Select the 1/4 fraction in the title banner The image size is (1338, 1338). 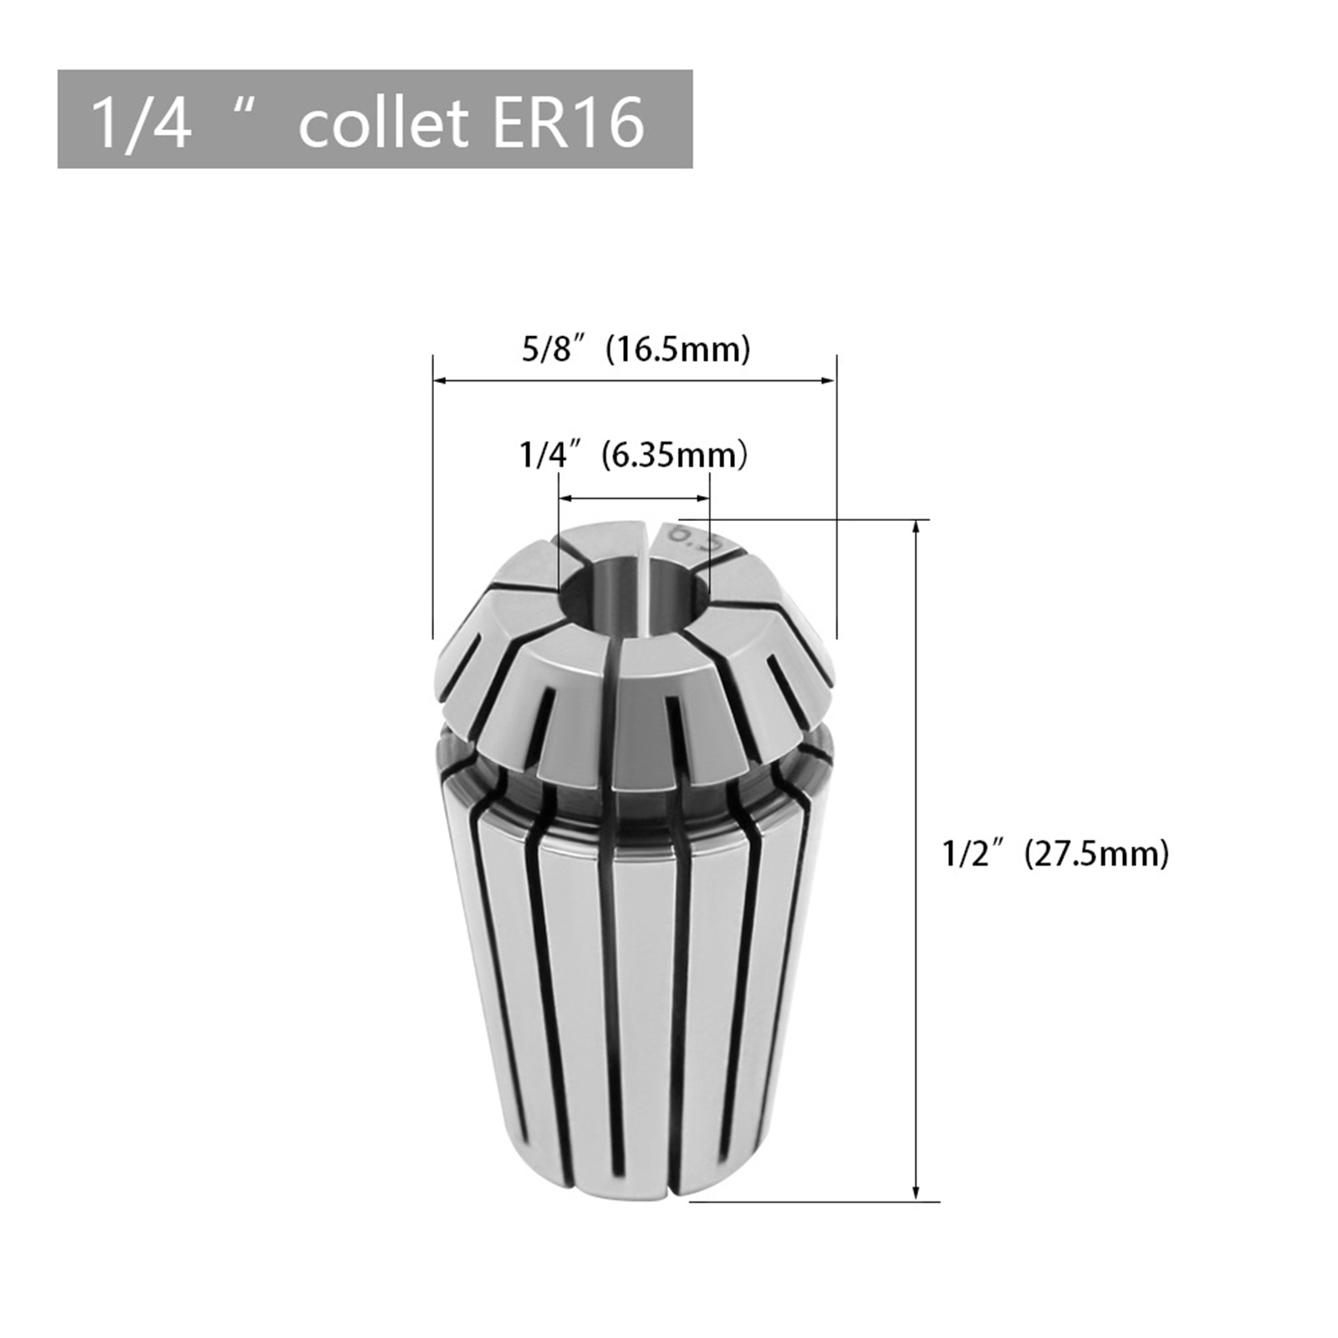pyautogui.click(x=141, y=123)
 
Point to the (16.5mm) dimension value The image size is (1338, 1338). pyautogui.click(x=678, y=350)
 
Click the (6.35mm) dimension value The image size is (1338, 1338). pyautogui.click(x=674, y=456)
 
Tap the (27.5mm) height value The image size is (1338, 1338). pyautogui.click(x=1096, y=854)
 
